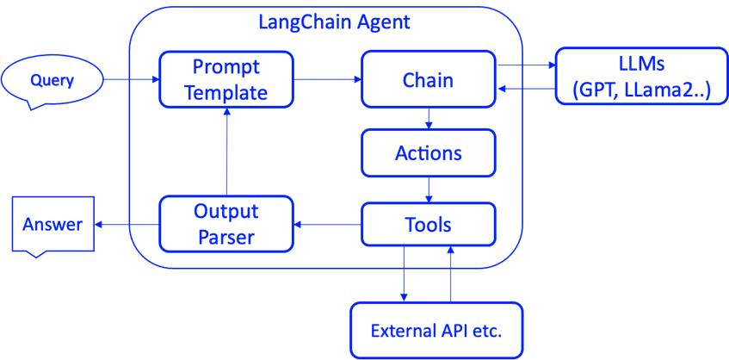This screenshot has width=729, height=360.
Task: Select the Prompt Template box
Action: click(226, 78)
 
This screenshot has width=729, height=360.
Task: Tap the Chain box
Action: click(428, 79)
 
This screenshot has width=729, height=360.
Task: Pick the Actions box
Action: click(428, 153)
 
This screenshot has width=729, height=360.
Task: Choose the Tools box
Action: click(428, 224)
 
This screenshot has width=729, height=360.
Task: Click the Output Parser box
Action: click(226, 224)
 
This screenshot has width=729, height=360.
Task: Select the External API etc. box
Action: click(436, 329)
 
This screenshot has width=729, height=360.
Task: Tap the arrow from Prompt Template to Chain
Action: click(326, 80)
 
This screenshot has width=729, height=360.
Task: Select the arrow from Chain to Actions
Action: click(429, 118)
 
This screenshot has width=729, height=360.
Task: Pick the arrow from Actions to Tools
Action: click(429, 189)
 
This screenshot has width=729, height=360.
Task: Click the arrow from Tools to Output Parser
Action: click(326, 225)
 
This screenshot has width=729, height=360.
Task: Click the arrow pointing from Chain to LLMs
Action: click(527, 65)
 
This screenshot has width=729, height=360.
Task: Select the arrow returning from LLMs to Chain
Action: click(527, 89)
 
